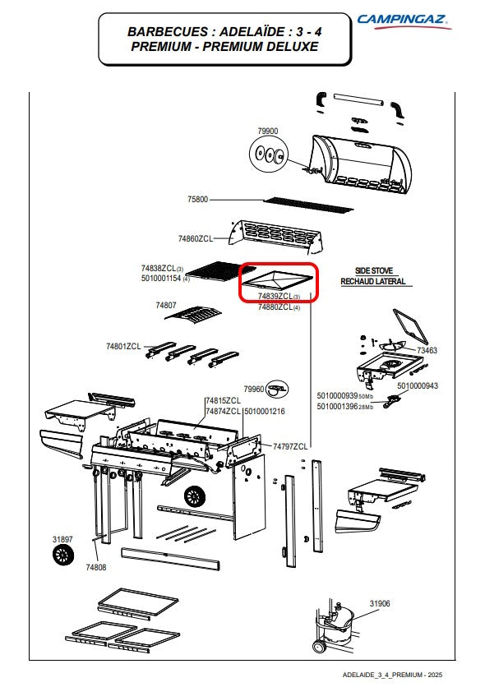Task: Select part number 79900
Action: tap(268, 131)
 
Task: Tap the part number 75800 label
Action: tap(197, 200)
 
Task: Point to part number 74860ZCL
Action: tap(195, 238)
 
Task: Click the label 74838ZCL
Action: tap(158, 268)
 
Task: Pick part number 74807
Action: tap(166, 305)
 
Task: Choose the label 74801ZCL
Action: tap(123, 346)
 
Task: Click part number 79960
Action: tap(254, 389)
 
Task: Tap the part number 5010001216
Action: tap(265, 411)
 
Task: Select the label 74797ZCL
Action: tap(290, 446)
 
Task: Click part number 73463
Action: tap(427, 350)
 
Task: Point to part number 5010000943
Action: tap(418, 385)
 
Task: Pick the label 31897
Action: tap(62, 539)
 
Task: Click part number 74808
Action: tap(96, 567)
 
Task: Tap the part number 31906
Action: tap(380, 603)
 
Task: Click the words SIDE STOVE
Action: tap(374, 270)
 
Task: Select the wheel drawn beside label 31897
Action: tap(63, 556)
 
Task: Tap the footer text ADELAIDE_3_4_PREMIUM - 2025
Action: tap(392, 675)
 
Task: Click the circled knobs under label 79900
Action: tap(269, 154)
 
